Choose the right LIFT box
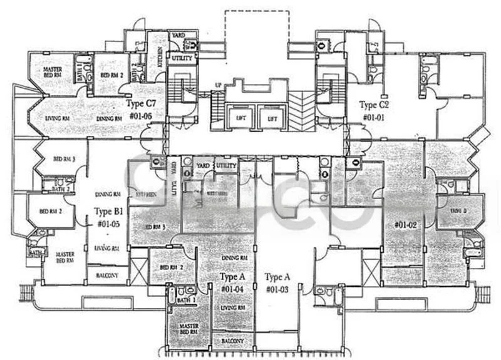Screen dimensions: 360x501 click(x=272, y=118)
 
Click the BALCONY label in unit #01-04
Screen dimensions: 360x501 click(x=233, y=342)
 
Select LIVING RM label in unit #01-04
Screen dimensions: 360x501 click(x=232, y=308)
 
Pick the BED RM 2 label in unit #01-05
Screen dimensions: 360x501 click(x=49, y=211)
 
